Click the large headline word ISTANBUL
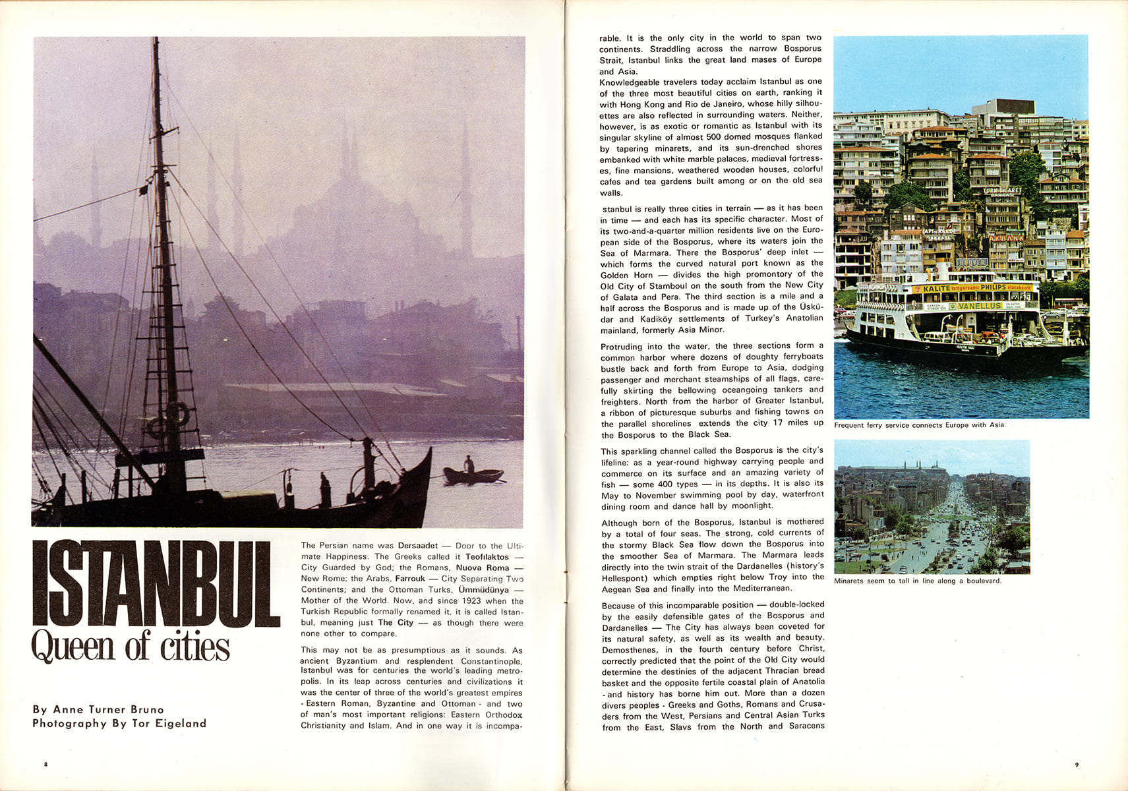click(x=156, y=583)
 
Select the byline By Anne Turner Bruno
click(x=98, y=709)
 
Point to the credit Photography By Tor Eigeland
click(x=119, y=723)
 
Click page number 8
click(x=45, y=765)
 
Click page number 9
click(x=1076, y=765)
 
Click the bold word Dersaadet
click(x=418, y=546)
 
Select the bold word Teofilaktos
click(x=487, y=557)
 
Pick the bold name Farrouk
click(x=410, y=579)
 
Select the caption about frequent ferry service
click(x=919, y=425)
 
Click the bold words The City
click(x=396, y=623)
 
